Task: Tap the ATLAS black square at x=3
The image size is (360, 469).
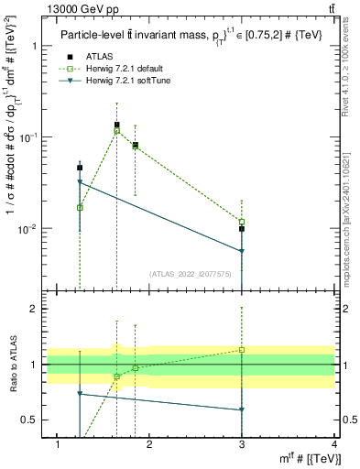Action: pyautogui.click(x=242, y=228)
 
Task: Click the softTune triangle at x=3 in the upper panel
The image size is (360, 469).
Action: pyautogui.click(x=242, y=251)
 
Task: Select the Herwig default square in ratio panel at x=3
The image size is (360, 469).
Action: pyautogui.click(x=242, y=349)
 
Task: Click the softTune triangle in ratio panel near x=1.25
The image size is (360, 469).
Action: pyautogui.click(x=81, y=393)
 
